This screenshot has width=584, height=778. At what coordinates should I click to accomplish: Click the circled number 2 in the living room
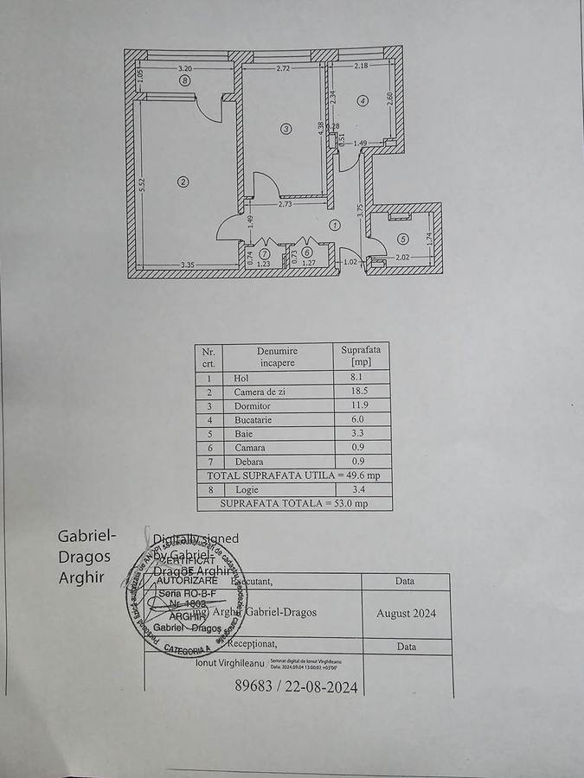pos(183,182)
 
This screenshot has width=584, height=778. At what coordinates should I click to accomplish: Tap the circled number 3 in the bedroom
pos(287,129)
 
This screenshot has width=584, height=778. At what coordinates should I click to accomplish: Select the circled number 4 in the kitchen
pos(363,101)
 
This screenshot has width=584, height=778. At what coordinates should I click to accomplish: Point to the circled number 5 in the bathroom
pos(402,239)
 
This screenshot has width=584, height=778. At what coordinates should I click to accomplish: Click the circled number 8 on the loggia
pos(184,80)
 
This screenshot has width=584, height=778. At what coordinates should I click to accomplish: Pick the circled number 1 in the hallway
pos(336,225)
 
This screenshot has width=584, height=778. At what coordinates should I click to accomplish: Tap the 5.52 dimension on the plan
pos(143,187)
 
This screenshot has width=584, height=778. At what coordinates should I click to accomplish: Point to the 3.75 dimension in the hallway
pos(360,208)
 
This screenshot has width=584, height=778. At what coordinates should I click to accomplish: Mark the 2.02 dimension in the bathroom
pos(402,258)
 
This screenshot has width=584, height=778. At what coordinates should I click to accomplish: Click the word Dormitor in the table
pos(252,406)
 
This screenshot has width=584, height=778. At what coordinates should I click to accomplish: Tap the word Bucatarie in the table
pos(253,420)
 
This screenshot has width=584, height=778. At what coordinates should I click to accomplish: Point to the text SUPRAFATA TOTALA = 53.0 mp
pos(294,503)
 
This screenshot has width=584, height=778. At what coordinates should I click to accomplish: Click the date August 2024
pos(406,614)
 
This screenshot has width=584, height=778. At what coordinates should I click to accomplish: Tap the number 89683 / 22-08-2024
pos(297,686)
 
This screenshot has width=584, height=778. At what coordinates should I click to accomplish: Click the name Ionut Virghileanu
pos(229,663)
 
